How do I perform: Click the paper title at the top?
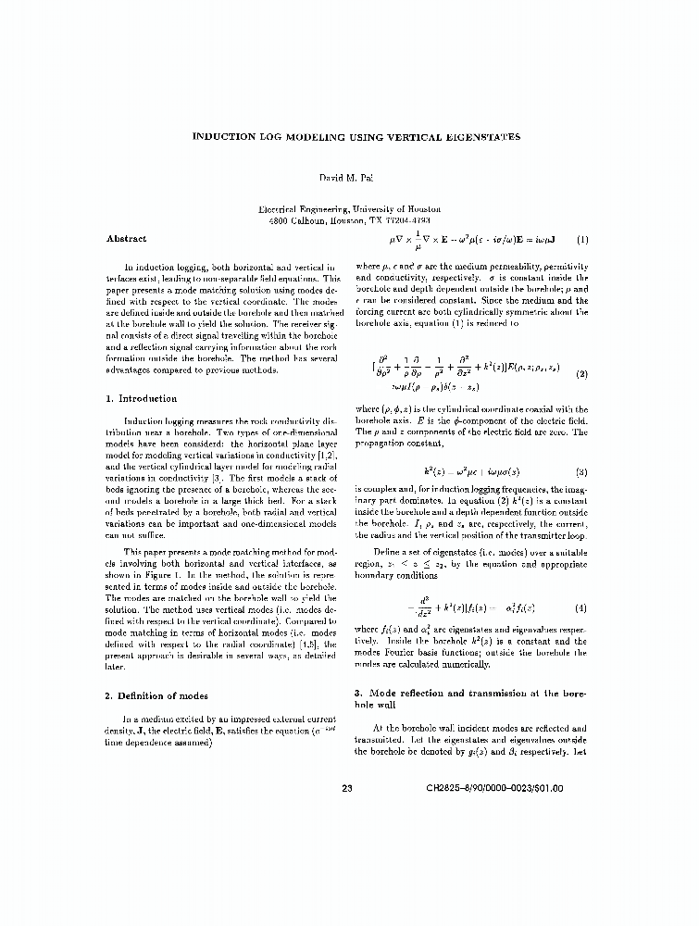(356, 137)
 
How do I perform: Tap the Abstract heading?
(126, 239)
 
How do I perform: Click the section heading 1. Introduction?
(142, 398)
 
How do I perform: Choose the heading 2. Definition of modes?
(156, 695)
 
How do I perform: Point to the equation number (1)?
(581, 240)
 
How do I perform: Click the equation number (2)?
(581, 375)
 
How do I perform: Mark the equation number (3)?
(581, 472)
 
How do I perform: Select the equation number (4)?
(581, 607)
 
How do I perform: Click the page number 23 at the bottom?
(348, 789)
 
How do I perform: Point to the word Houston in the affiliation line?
(421, 210)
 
